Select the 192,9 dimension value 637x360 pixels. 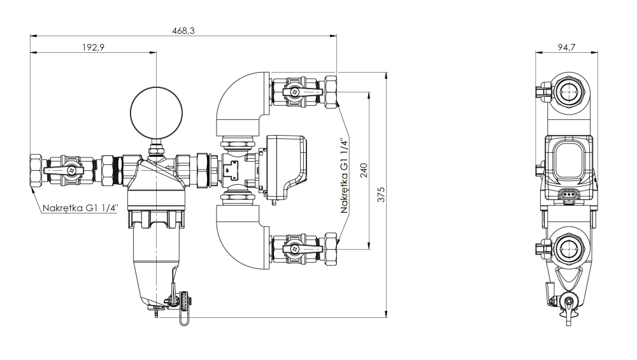pos(94,48)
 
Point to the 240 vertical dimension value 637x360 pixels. pos(363,171)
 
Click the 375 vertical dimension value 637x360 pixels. pos(381,195)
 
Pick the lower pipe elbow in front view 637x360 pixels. pos(239,239)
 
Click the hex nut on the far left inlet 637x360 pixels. pos(36,170)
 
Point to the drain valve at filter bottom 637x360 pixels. pos(173,298)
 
